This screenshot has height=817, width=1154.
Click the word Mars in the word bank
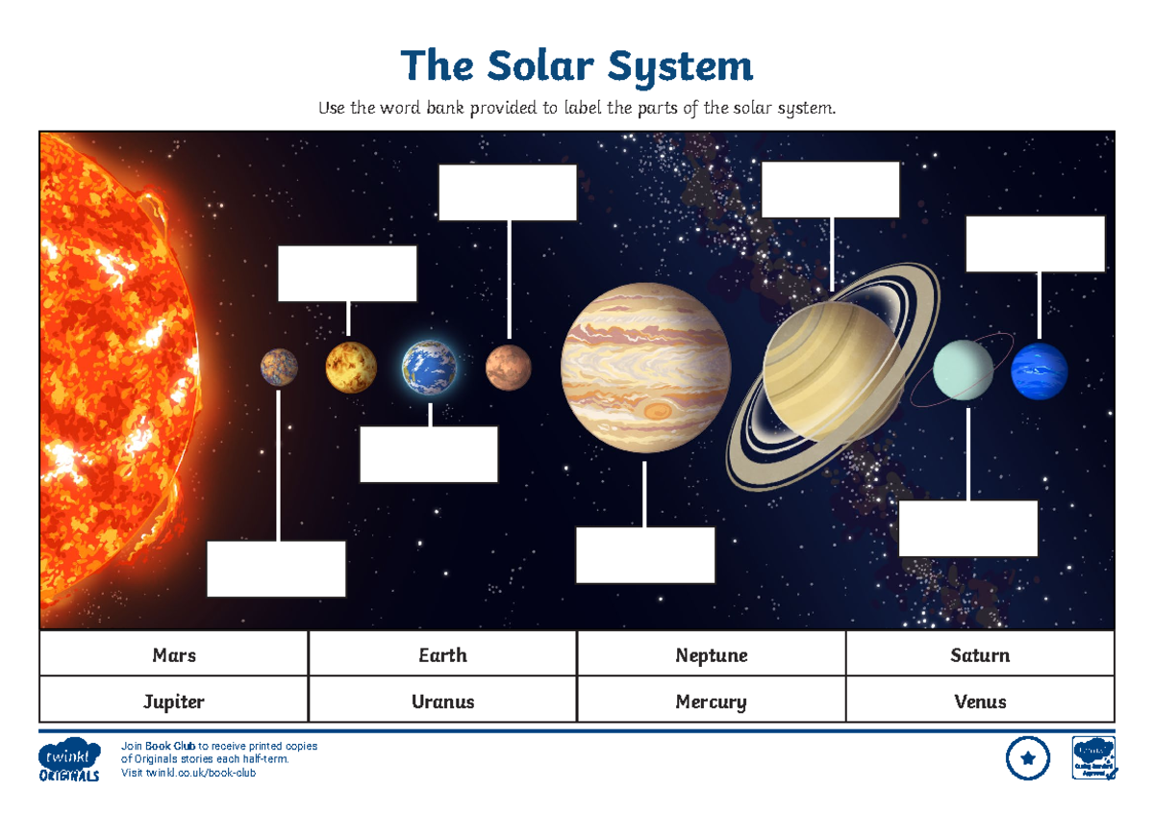tap(174, 655)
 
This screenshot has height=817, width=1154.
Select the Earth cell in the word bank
tap(442, 655)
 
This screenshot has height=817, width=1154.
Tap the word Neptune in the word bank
tap(711, 655)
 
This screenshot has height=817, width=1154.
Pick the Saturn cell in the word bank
tap(980, 655)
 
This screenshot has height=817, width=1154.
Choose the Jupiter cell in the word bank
tap(174, 701)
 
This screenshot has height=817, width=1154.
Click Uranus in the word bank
tap(442, 701)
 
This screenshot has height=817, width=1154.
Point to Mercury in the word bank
tap(711, 701)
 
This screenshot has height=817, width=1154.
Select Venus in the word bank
tap(980, 701)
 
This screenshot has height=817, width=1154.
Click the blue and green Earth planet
tap(430, 368)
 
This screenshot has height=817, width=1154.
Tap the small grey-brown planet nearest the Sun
tap(279, 368)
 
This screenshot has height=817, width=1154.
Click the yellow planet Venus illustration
tap(350, 368)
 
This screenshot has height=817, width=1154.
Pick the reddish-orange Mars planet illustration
tap(508, 368)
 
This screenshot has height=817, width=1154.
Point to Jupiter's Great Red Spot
tap(658, 412)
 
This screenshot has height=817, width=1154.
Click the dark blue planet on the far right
tap(1039, 371)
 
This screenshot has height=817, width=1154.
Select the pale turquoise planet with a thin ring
tap(964, 370)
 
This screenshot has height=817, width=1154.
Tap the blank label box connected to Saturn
tap(830, 190)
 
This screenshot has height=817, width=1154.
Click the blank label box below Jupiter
tap(645, 554)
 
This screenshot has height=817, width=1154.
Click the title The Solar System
tap(577, 66)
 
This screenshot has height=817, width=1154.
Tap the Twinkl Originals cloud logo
tap(70, 759)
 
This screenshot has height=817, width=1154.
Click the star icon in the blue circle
tap(1028, 758)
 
